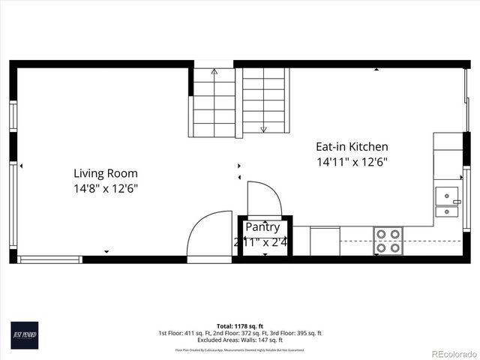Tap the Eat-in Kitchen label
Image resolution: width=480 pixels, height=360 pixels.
point(352,147)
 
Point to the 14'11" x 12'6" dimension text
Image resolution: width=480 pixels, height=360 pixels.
point(352,162)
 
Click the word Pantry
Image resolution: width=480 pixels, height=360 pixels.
point(262,227)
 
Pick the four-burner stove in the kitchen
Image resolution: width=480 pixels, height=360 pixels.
point(388,241)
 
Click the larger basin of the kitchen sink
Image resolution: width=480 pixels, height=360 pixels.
point(448,196)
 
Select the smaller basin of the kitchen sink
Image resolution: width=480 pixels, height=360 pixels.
point(447,211)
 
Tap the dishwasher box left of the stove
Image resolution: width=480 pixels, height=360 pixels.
point(324,241)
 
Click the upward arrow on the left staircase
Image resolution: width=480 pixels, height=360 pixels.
point(214,73)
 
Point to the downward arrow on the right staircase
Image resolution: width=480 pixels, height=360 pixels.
point(263,129)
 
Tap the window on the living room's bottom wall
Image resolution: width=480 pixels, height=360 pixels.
point(49,259)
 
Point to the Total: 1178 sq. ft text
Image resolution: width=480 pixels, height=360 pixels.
point(239,326)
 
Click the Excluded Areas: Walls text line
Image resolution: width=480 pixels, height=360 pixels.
point(239,340)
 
